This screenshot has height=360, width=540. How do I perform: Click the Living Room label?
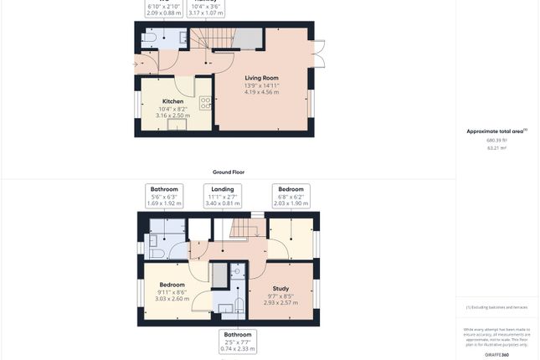coord(261,78)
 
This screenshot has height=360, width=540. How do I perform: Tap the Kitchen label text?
coord(172,102)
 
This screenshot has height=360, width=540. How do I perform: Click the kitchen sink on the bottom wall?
coord(177,126)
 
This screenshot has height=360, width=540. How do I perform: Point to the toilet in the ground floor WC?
coord(149,39)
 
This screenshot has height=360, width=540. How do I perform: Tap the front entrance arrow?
coord(137,63)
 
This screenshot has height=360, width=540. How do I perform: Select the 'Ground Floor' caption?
coord(228,172)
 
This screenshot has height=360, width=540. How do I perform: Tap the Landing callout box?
coord(222,196)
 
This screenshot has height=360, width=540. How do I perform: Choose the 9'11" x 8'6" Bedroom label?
coord(172,285)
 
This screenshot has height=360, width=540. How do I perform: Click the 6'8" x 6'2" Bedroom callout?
coord(291,196)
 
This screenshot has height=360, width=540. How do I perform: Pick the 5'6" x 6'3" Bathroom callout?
coord(164,196)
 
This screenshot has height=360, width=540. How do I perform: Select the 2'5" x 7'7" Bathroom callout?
coord(237,341)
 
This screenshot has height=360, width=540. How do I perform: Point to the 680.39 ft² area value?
coord(497,140)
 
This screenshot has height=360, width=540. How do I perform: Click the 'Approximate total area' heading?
coord(496,131)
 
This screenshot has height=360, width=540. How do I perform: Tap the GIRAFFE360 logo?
coord(497,355)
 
